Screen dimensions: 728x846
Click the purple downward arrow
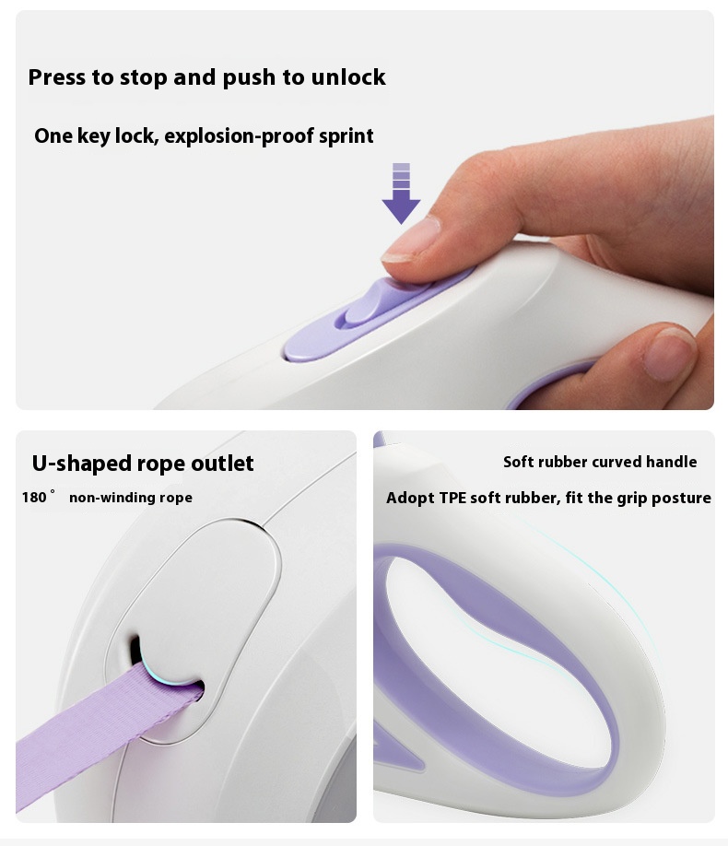(401, 194)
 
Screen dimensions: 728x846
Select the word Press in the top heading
(57, 77)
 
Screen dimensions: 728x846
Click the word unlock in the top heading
(348, 77)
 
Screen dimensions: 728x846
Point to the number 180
(34, 497)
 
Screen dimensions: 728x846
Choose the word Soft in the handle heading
(518, 462)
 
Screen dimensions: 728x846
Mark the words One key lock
(96, 136)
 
